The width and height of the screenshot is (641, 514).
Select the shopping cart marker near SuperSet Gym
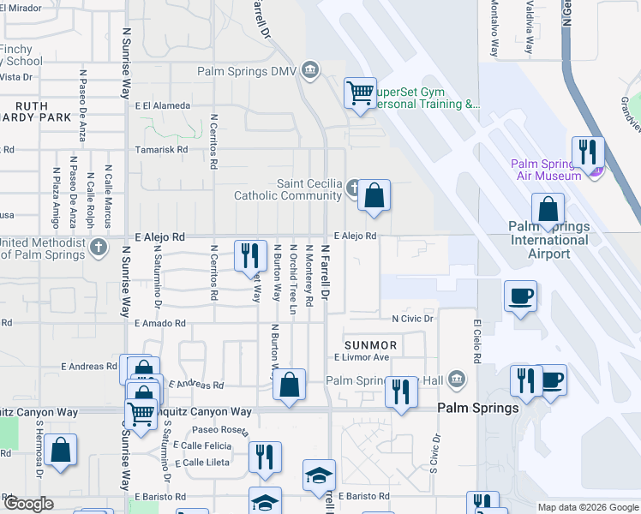pyautogui.click(x=361, y=93)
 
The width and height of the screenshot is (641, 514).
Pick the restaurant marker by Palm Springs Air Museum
pyautogui.click(x=588, y=152)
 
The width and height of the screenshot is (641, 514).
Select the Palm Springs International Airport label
pyautogui.click(x=548, y=240)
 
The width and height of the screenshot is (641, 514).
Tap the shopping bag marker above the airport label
pyautogui.click(x=548, y=210)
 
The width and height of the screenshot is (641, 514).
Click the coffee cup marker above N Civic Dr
pyautogui.click(x=521, y=296)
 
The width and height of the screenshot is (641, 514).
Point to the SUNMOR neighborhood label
pyautogui.click(x=370, y=345)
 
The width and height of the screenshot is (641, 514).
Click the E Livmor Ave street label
pyautogui.click(x=362, y=357)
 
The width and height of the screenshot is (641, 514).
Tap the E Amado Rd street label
pyautogui.click(x=160, y=323)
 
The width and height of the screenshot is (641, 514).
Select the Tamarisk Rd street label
pyautogui.click(x=161, y=149)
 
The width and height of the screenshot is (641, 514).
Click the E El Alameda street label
pyautogui.click(x=162, y=105)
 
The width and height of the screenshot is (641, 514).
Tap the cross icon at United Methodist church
pyautogui.click(x=99, y=248)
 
